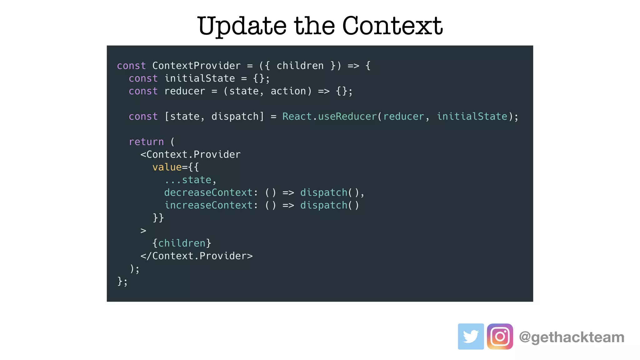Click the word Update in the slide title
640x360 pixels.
(242, 26)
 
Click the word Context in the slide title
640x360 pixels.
(392, 26)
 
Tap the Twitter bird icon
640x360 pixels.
(471, 336)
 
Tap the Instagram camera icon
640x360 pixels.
(500, 336)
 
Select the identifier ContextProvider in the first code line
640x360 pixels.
(196, 66)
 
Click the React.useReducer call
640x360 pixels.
(329, 116)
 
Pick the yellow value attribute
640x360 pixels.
(167, 167)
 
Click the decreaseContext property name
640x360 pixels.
(208, 192)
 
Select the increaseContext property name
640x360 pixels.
(208, 205)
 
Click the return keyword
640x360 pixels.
(146, 142)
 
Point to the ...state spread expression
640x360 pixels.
(188, 180)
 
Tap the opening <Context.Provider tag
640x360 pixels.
(190, 154)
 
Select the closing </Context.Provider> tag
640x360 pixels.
(196, 256)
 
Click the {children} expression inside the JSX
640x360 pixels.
(182, 243)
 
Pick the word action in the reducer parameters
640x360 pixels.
(288, 91)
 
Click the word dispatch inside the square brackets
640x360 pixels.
(235, 116)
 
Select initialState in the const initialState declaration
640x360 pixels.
(199, 78)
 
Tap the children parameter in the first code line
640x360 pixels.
(300, 66)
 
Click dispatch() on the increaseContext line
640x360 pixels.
(329, 205)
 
